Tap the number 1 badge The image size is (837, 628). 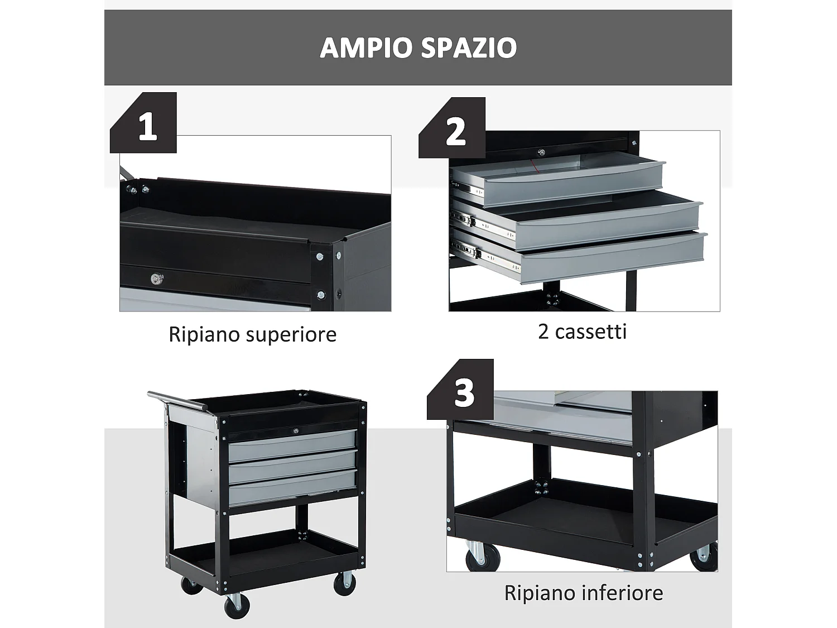(147, 126)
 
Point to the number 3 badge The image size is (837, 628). (464, 392)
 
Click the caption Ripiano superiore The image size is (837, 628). (252, 334)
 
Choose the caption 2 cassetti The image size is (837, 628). (582, 332)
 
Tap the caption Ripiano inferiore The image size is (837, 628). (583, 592)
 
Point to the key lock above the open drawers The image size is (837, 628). (540, 152)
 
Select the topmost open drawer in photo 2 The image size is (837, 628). (558, 177)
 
